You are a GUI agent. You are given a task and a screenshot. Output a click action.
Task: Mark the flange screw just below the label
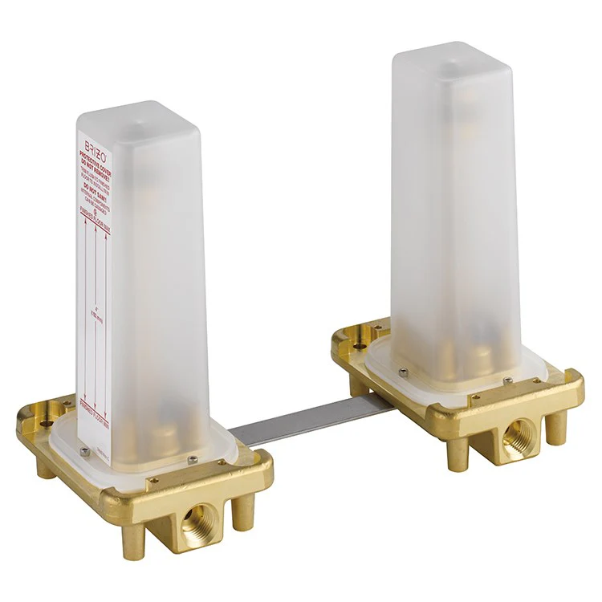pos(85,451)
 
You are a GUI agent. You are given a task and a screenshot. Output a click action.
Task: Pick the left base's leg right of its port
pos(239,514)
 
